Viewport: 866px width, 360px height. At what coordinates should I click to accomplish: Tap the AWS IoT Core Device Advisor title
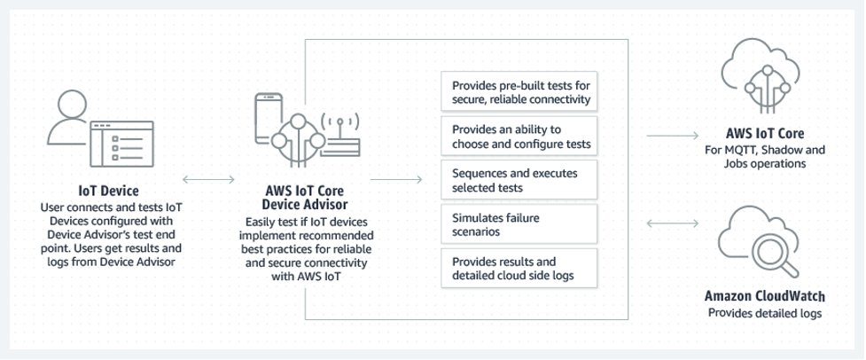point(305,197)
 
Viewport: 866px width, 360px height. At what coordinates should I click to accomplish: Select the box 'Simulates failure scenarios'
point(519,223)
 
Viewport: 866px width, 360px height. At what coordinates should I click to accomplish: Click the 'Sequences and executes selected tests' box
point(519,181)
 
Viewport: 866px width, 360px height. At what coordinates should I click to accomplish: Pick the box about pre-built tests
point(519,92)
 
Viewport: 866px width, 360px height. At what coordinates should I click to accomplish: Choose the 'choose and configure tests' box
point(519,137)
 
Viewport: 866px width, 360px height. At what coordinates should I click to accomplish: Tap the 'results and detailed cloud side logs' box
point(519,268)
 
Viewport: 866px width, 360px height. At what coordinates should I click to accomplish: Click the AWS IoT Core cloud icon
point(765,72)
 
